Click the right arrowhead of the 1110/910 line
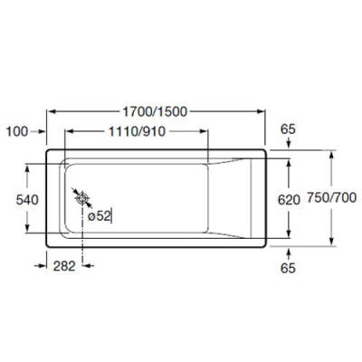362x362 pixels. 209,131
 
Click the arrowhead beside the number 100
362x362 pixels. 40,131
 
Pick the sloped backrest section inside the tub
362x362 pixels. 237,198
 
